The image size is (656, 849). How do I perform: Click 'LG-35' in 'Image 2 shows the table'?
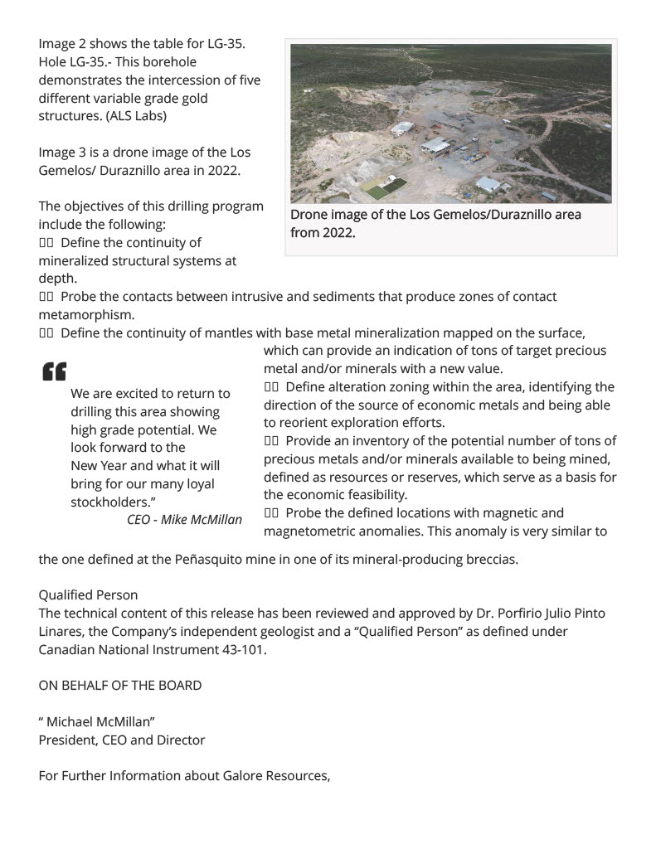[x=226, y=43]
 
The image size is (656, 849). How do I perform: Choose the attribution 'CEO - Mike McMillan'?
[x=184, y=520]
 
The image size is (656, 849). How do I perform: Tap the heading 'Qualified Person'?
[x=88, y=595]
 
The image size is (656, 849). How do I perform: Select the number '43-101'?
[x=246, y=650]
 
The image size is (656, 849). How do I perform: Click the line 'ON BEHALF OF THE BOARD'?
[x=119, y=686]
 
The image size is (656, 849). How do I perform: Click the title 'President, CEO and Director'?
[x=121, y=740]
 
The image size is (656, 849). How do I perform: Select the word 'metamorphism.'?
[x=86, y=315]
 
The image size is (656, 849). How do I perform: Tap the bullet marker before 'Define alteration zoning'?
[x=271, y=387]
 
